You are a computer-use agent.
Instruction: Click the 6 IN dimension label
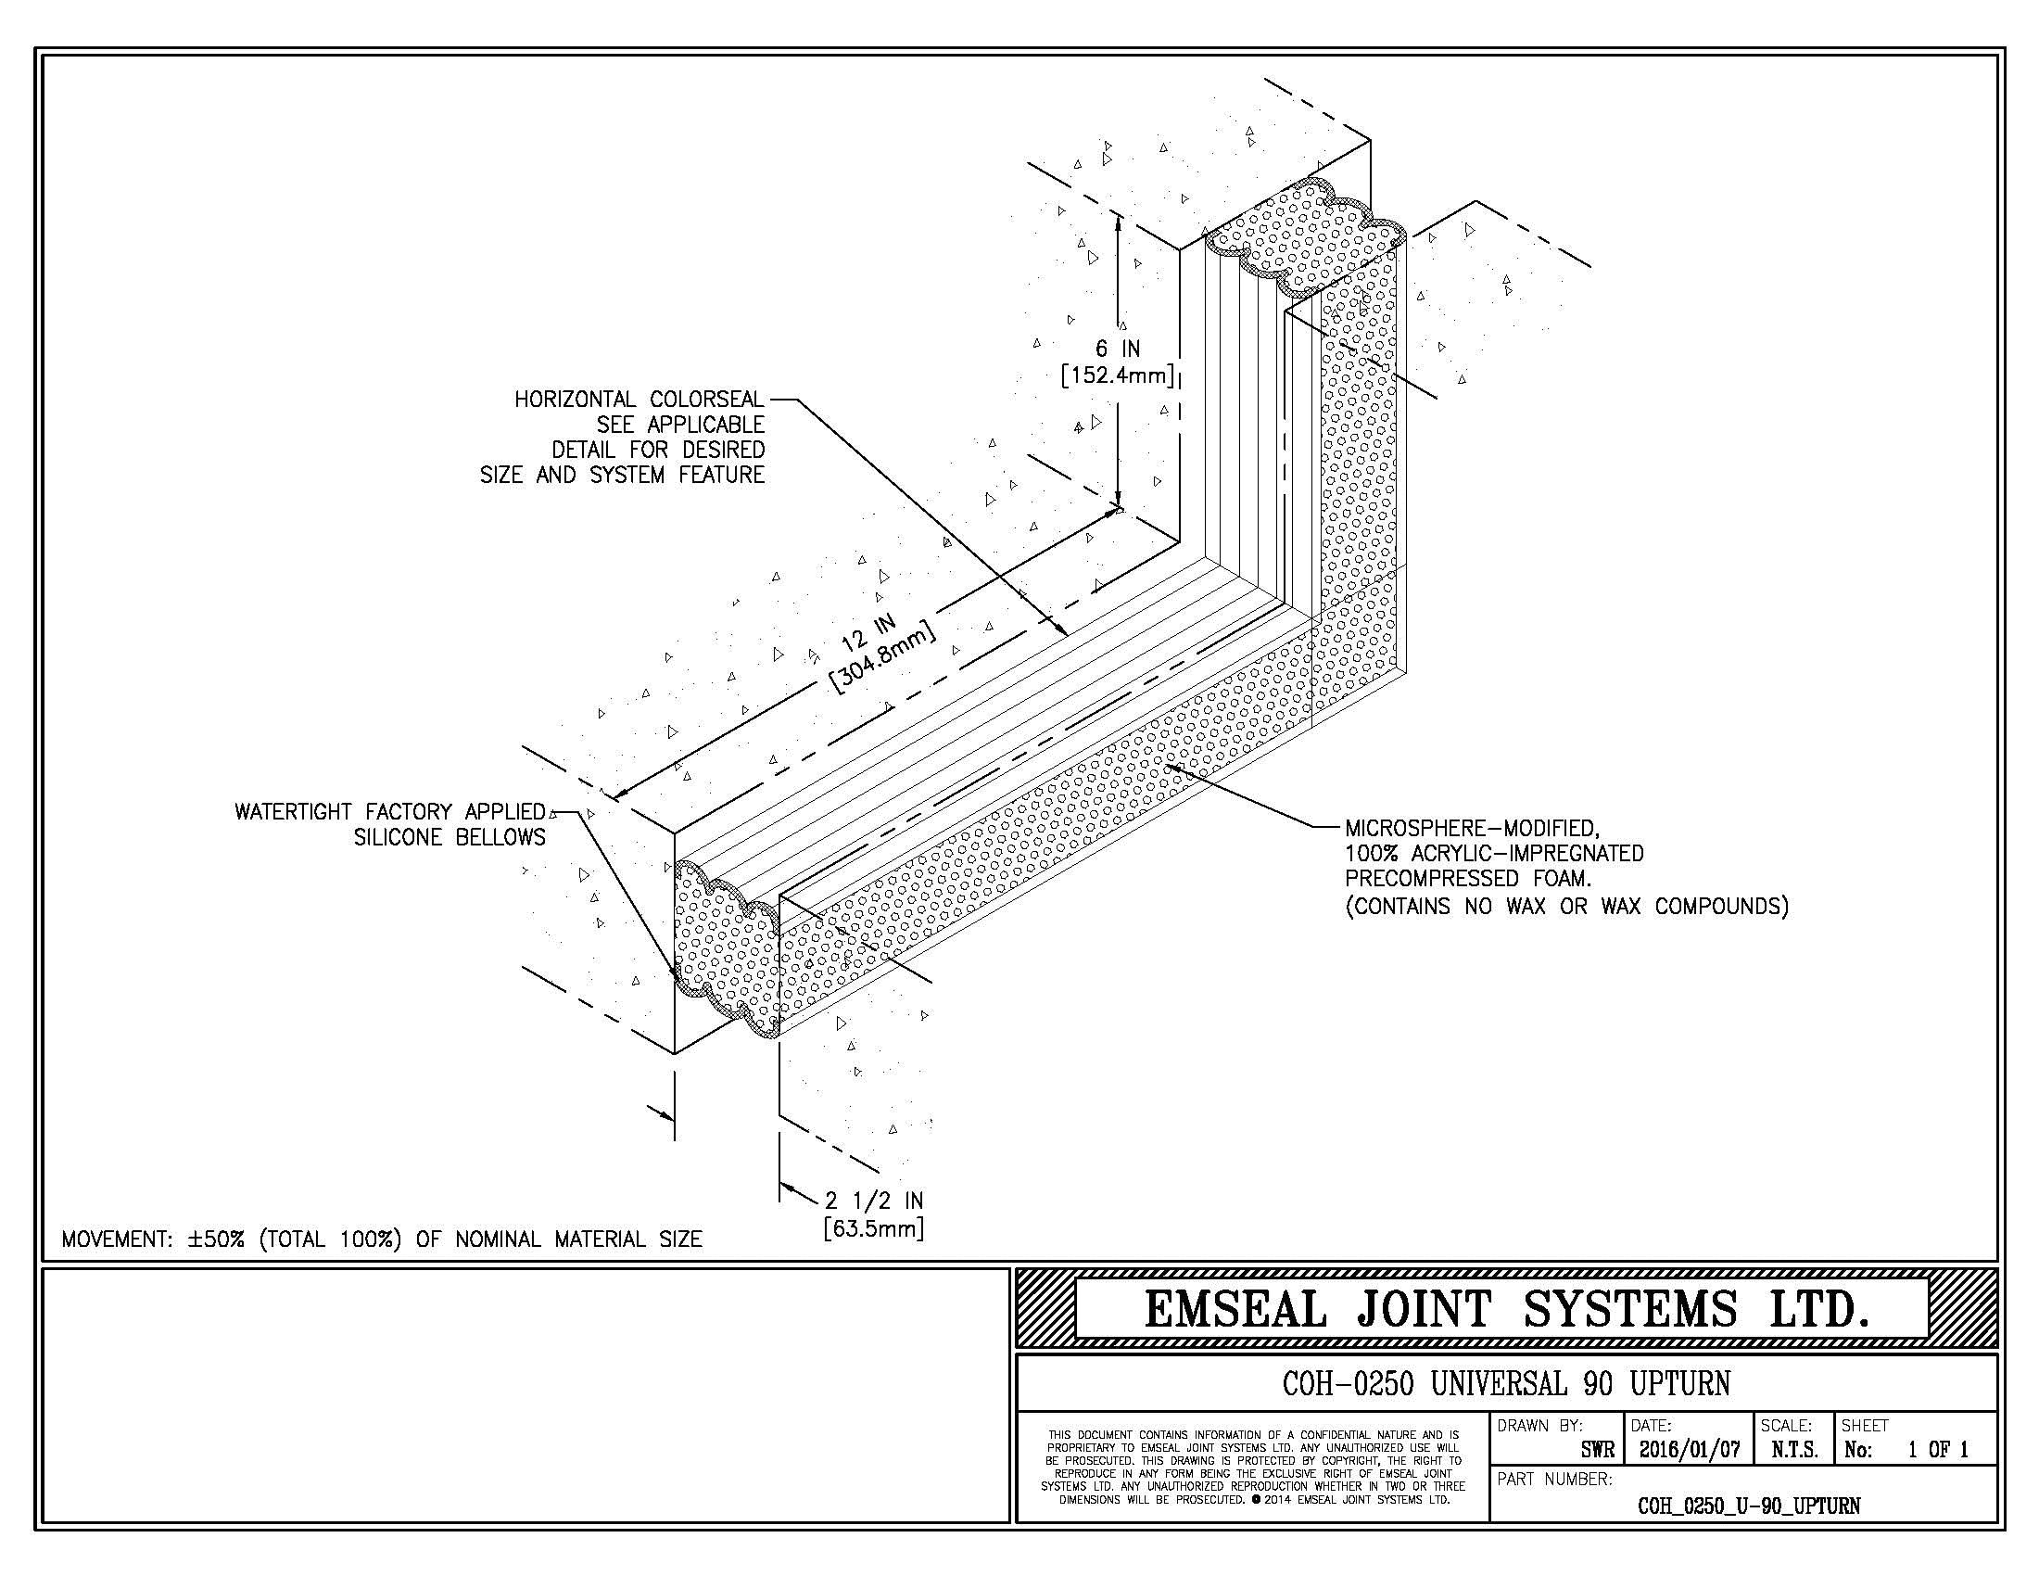(1118, 350)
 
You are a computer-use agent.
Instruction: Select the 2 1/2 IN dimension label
(874, 1201)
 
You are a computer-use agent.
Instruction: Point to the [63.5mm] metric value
(874, 1228)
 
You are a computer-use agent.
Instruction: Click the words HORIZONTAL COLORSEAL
(640, 400)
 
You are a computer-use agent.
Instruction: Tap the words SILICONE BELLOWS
(450, 837)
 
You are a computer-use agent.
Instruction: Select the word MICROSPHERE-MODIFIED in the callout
(1473, 828)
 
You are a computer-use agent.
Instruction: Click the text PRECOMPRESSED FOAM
(1468, 879)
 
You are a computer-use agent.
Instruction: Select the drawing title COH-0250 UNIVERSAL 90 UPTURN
(1506, 1384)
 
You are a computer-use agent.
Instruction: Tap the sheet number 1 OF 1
(1938, 1450)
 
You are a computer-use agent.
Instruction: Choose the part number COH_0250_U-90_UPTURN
(1749, 1506)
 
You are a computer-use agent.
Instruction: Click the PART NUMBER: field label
(1554, 1480)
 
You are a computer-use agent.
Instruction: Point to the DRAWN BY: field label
(1540, 1426)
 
